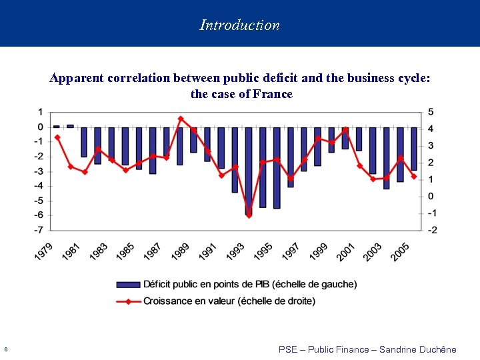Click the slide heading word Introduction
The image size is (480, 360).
click(239, 25)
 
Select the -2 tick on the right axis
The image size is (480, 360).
click(433, 230)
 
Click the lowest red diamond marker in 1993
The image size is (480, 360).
click(249, 215)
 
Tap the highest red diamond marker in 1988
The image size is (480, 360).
click(180, 119)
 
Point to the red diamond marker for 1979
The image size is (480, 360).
click(57, 137)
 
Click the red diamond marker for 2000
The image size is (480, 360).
click(345, 129)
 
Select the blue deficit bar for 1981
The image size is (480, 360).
click(84, 142)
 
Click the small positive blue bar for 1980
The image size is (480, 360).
click(70, 125)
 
